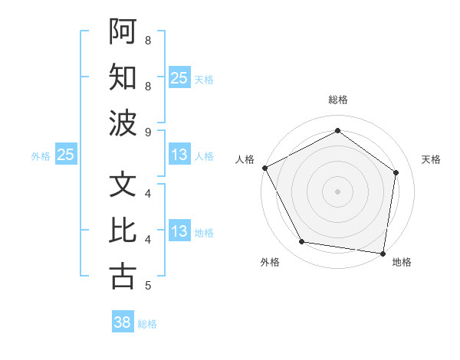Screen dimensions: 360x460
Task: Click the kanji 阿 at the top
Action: (x=123, y=31)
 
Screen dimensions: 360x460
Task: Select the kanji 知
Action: (x=123, y=77)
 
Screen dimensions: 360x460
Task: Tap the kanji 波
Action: (x=123, y=123)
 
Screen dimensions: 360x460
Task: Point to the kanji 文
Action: (x=123, y=185)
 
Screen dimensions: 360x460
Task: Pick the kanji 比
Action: (x=123, y=231)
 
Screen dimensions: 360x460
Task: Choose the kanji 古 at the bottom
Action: (x=123, y=277)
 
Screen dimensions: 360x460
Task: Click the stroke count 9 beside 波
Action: (x=148, y=132)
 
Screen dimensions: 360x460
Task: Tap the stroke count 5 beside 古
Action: (x=148, y=286)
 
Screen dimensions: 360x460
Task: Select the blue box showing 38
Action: (x=123, y=322)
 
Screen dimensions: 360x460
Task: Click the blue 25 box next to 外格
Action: (x=65, y=155)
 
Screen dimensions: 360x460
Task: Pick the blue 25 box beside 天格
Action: (x=179, y=77)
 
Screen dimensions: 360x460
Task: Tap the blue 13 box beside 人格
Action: (x=179, y=155)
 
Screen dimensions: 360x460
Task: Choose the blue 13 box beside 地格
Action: (x=179, y=231)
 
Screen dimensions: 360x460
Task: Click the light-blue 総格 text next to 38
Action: (x=147, y=324)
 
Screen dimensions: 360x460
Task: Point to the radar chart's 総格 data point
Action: (x=337, y=130)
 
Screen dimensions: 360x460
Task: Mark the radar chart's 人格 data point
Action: (x=264, y=168)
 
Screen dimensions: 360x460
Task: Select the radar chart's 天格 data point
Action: (x=396, y=172)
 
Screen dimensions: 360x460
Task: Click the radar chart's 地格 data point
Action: (x=383, y=253)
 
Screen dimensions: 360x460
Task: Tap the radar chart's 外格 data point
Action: (x=301, y=242)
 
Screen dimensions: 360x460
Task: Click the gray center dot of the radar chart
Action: (x=337, y=191)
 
